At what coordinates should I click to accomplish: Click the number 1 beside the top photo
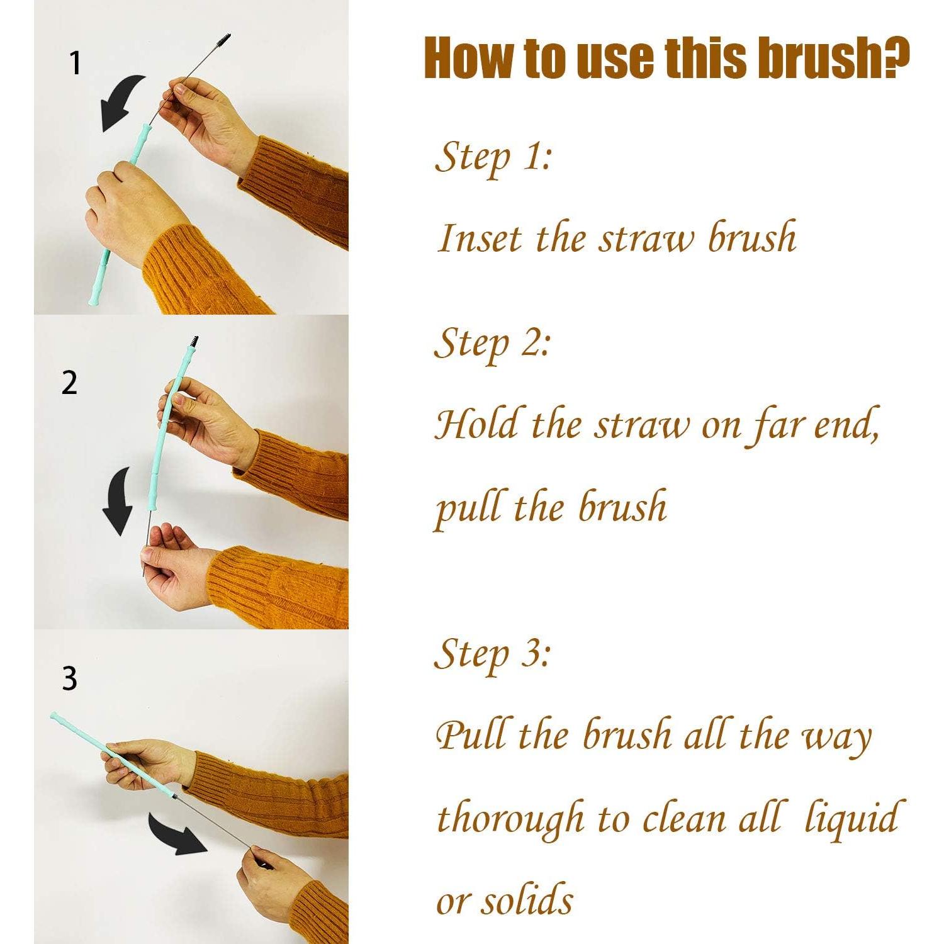tap(76, 64)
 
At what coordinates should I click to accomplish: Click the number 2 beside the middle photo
tap(69, 383)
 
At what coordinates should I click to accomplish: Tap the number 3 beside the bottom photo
tap(69, 678)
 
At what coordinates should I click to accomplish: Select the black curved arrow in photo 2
tap(120, 501)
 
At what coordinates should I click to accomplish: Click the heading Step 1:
tap(493, 157)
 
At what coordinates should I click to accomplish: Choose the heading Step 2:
tap(493, 344)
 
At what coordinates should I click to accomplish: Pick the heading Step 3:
tap(493, 654)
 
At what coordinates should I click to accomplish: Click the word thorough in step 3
tap(510, 818)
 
